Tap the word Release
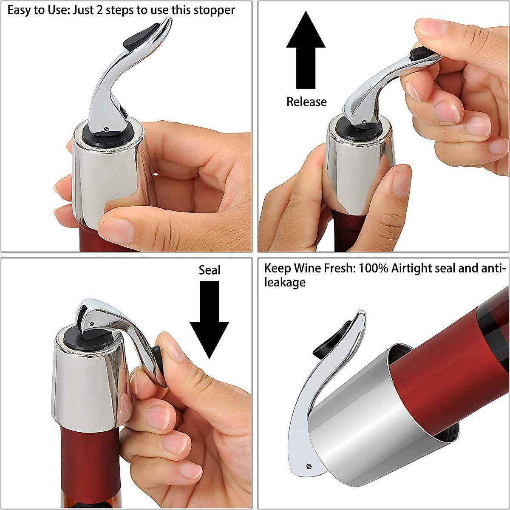[306, 102]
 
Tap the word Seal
[210, 270]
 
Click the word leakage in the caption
[285, 283]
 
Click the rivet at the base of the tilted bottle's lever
[309, 466]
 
